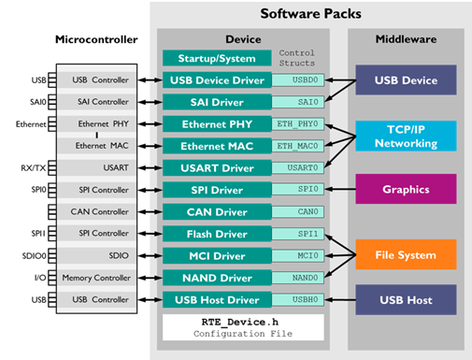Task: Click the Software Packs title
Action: coord(311,14)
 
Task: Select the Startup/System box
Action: coord(218,59)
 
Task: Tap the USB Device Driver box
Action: coord(218,80)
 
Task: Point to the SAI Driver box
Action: coord(218,102)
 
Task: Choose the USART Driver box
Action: coord(218,167)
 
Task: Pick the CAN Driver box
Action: coord(218,211)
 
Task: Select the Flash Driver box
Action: coord(218,233)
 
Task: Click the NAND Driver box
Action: coord(218,277)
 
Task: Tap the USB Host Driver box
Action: coord(218,299)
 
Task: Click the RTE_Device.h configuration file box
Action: coord(243,326)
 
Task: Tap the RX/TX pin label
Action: coord(32,167)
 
